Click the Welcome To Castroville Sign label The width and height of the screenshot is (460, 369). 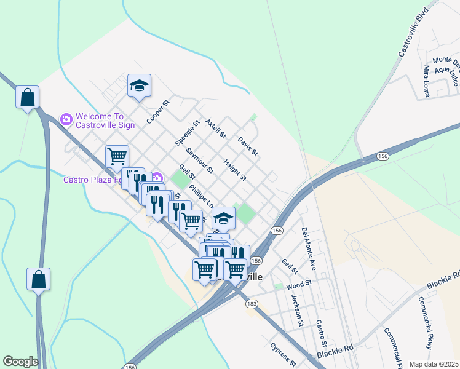tap(105, 121)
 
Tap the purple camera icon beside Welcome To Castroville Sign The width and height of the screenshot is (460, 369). tap(66, 118)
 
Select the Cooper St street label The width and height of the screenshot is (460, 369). tap(157, 111)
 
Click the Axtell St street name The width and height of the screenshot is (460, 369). tap(216, 129)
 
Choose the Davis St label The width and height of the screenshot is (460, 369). tap(248, 146)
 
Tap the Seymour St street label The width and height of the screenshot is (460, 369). tap(199, 159)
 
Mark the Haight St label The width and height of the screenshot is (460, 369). tap(234, 170)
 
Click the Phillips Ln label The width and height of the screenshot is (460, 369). tap(201, 196)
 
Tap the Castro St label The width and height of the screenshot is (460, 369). tap(320, 333)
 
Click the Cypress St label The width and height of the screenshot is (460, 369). tap(284, 354)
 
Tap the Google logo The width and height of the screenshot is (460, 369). tap(20, 362)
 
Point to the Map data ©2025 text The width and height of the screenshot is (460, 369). tap(434, 364)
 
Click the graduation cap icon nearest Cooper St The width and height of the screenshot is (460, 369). tap(140, 85)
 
